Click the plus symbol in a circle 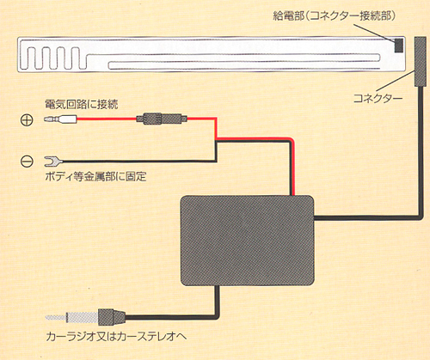click(27, 120)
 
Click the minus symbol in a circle click(27, 162)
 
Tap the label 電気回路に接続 click(82, 104)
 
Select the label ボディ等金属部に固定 click(95, 176)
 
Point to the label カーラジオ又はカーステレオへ click(116, 336)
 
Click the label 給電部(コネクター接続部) click(335, 15)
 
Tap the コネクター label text click(378, 98)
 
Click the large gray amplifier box click(247, 241)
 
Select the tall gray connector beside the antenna click(420, 62)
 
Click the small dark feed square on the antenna click(398, 46)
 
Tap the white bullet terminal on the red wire click(60, 119)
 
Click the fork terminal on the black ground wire click(53, 162)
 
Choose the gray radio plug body click(112, 317)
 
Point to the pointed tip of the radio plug click(46, 317)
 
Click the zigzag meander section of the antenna click(53, 58)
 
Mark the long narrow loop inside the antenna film click(244, 62)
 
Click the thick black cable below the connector click(421, 152)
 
